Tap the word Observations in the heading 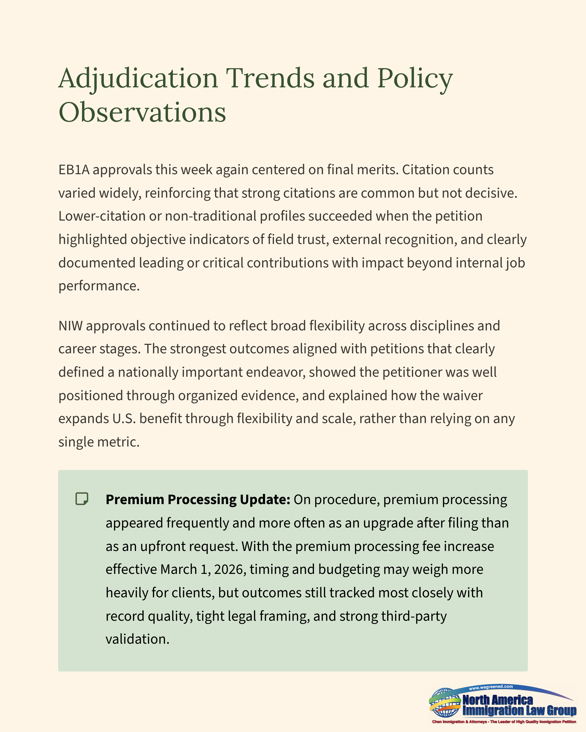click(x=142, y=113)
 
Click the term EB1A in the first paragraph click(x=74, y=170)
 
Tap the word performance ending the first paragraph click(x=99, y=286)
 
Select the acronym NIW click(x=70, y=326)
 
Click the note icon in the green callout click(x=82, y=499)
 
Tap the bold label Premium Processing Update click(x=198, y=500)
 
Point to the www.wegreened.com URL click(x=491, y=687)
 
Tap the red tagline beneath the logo click(x=504, y=722)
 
